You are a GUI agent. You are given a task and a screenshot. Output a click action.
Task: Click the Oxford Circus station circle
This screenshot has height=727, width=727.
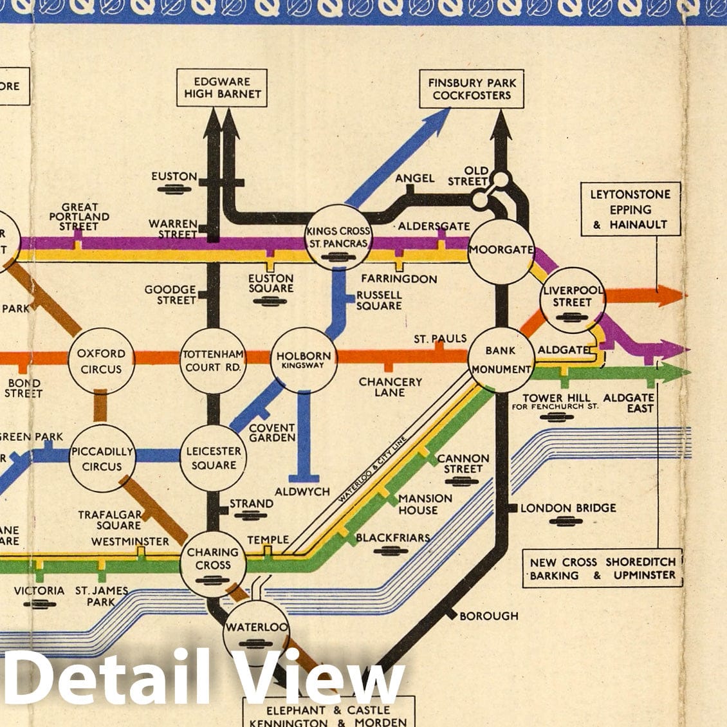101,361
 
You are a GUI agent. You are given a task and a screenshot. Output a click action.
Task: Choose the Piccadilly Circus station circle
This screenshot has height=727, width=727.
102,459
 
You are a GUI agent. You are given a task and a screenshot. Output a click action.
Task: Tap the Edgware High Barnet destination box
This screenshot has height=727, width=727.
223,88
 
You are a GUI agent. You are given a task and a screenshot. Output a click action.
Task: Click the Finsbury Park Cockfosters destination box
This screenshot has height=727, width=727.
472,89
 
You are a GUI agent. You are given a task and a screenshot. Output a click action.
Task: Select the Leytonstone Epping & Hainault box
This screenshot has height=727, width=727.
630,210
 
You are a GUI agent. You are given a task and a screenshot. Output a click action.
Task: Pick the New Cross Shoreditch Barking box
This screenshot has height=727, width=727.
603,569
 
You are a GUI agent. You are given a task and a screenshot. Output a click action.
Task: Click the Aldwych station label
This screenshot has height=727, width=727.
302,492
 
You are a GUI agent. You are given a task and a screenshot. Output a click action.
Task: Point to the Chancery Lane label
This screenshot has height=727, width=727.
390,387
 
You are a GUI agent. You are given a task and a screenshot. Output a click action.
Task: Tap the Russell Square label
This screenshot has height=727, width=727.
379,300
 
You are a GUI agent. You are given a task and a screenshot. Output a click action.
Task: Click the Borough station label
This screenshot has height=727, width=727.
488,616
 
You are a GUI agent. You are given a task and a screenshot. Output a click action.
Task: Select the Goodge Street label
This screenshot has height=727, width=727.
170,295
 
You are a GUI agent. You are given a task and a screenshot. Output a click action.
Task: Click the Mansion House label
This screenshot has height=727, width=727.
425,504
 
